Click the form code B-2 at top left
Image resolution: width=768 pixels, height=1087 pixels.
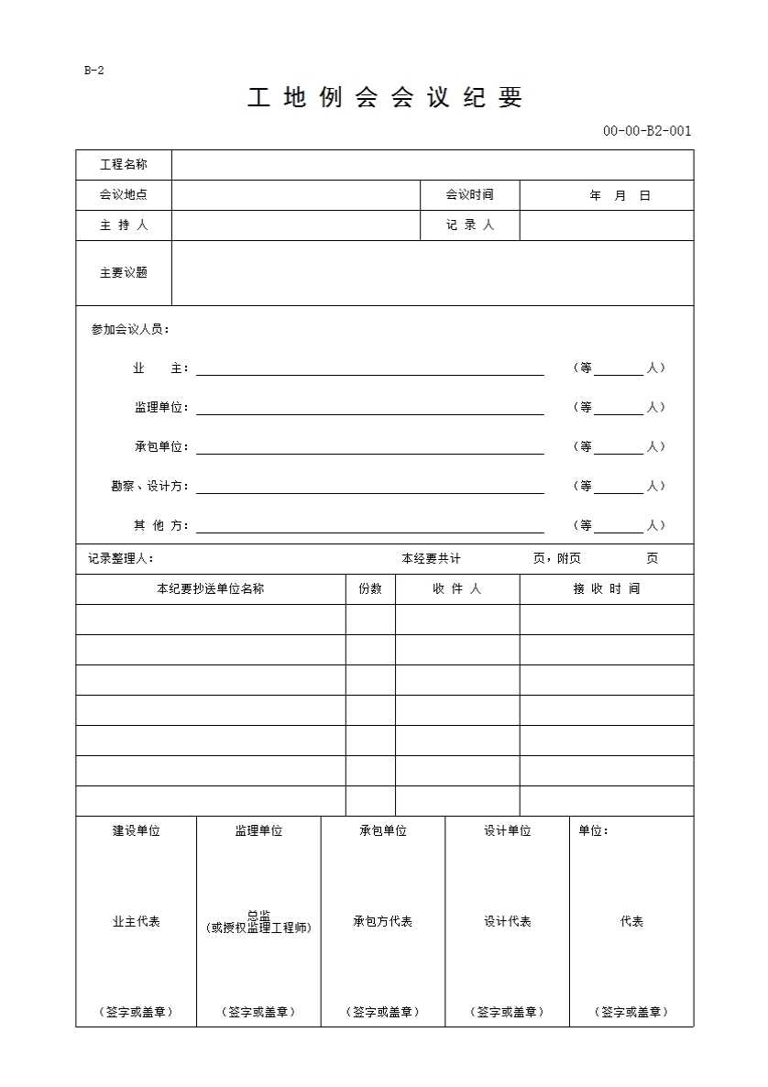click(93, 71)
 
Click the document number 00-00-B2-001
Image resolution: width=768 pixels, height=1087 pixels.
click(646, 131)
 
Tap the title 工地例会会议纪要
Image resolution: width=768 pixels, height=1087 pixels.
click(384, 99)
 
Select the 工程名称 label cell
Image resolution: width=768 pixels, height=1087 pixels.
click(124, 165)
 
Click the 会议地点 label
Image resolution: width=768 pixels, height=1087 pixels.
click(124, 195)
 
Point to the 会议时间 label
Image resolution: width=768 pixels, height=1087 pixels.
click(469, 195)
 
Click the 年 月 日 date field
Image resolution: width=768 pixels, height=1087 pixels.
click(620, 196)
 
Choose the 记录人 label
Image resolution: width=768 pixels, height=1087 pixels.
click(469, 225)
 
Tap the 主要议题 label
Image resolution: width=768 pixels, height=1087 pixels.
click(124, 273)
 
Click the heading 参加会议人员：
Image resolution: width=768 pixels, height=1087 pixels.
click(130, 330)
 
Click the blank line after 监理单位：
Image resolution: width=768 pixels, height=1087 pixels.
click(369, 409)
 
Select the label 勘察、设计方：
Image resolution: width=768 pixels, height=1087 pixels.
click(149, 487)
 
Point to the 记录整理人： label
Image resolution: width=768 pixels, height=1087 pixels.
click(121, 559)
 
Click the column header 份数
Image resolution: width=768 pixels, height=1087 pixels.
click(370, 589)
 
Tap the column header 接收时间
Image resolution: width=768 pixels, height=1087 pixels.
click(606, 589)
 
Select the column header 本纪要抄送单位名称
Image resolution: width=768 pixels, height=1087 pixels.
click(210, 589)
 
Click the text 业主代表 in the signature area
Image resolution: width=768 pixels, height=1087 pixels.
click(136, 922)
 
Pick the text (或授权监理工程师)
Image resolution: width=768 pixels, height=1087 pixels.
click(259, 928)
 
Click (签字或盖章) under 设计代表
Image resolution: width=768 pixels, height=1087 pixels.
click(507, 1013)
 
